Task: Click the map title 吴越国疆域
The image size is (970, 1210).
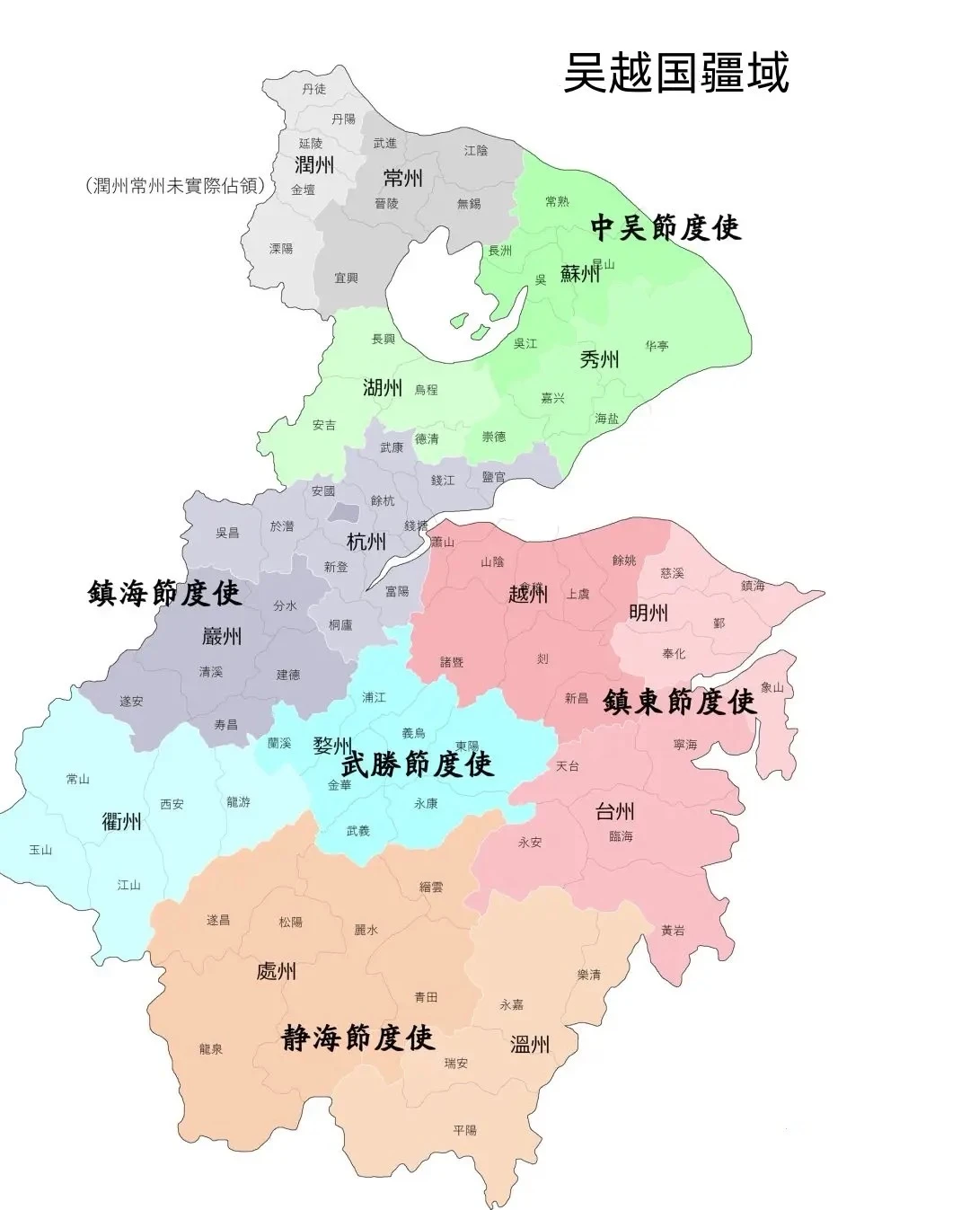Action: point(675,72)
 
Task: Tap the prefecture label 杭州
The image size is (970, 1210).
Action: point(366,541)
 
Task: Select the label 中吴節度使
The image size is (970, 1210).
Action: point(666,227)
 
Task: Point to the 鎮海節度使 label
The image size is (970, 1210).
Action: point(164,593)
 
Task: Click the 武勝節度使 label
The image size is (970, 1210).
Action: point(418,764)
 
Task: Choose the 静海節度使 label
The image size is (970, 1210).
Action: point(358,1038)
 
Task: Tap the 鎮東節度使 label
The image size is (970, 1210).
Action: point(680,701)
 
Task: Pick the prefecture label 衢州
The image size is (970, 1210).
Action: point(121,820)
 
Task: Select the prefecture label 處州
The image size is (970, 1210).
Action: point(276,971)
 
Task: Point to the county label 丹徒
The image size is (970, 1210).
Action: point(314,88)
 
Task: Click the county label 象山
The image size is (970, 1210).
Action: point(772,687)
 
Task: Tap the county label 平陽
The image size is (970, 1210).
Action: point(465,1130)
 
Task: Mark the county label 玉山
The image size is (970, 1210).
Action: point(41,849)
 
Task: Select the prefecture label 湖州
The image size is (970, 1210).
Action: point(383,387)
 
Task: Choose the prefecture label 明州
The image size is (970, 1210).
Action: point(648,613)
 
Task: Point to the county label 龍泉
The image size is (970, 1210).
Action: point(211,1048)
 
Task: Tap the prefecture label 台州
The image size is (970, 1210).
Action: point(615,812)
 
